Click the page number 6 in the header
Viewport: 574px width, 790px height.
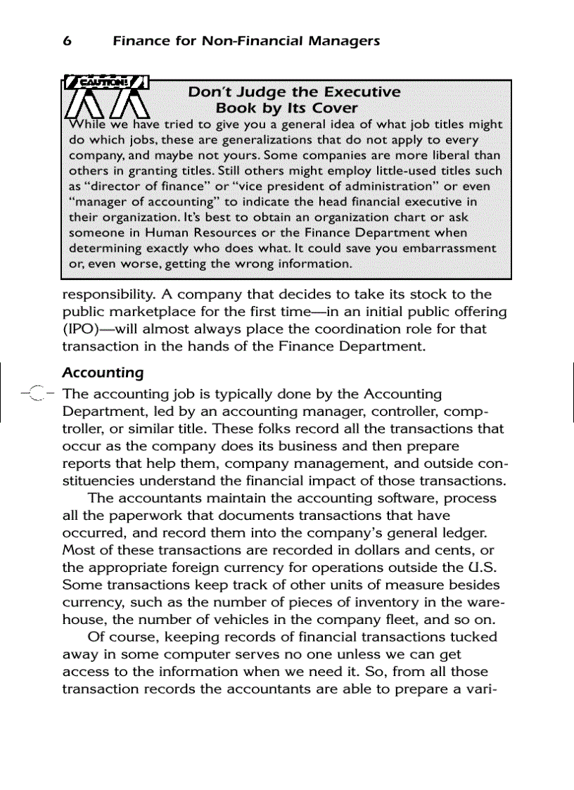click(x=68, y=41)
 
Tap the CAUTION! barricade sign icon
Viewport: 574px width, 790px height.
click(x=108, y=98)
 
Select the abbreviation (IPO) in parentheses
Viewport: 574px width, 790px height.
click(x=82, y=329)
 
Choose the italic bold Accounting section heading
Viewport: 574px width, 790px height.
click(x=103, y=372)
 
